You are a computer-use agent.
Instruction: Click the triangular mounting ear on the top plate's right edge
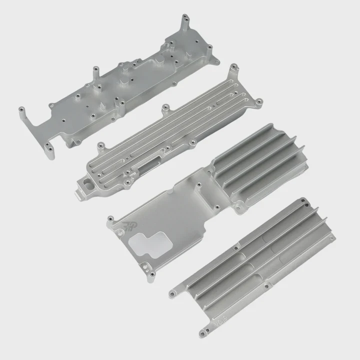[x=214, y=61]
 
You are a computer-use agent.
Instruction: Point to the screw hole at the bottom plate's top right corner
[x=302, y=202]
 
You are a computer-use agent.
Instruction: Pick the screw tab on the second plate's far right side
[x=258, y=102]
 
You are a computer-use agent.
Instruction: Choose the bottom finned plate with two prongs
[x=255, y=265]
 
